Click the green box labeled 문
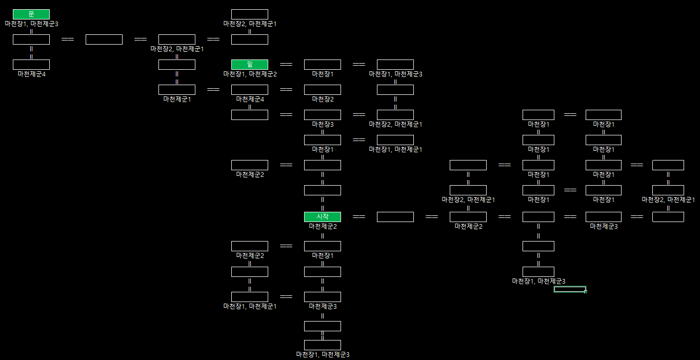click(x=31, y=14)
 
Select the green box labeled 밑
click(x=250, y=65)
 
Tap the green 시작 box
click(x=323, y=217)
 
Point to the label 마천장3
click(x=323, y=124)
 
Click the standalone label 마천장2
click(x=323, y=99)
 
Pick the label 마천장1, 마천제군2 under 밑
click(x=250, y=74)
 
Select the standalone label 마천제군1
click(x=177, y=99)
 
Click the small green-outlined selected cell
click(x=570, y=289)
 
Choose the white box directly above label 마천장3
click(x=323, y=115)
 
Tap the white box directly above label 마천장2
click(x=323, y=90)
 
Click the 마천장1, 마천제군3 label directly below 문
click(x=31, y=24)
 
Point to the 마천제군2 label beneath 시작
click(x=323, y=226)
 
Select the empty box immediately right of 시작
click(x=395, y=217)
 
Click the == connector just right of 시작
click(x=359, y=217)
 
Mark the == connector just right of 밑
click(x=286, y=65)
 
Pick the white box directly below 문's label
click(x=31, y=39)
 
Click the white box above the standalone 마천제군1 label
click(x=177, y=90)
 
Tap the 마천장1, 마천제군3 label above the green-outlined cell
click(x=538, y=281)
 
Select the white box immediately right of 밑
click(x=323, y=65)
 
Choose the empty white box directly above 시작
click(x=323, y=190)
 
